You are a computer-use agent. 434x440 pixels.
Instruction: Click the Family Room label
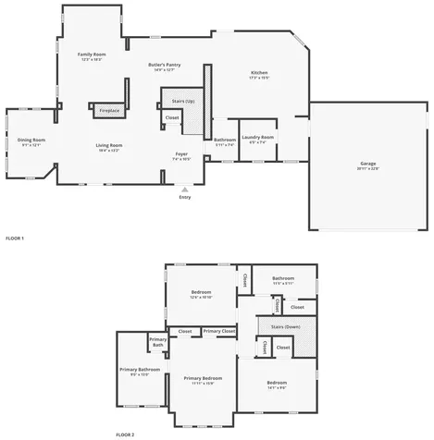pos(92,55)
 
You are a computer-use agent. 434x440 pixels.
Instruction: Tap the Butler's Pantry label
pos(164,65)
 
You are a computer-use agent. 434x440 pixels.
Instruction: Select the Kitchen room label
pos(259,73)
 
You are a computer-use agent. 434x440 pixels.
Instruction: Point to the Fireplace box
pos(109,111)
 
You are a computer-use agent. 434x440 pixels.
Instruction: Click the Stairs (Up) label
pos(183,101)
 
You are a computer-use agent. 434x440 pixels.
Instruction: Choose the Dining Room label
pos(32,140)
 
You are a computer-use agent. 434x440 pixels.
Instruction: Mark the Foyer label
pos(181,153)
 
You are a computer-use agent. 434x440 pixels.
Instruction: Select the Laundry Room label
pos(258,137)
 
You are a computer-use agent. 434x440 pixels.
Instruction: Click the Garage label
pos(368,164)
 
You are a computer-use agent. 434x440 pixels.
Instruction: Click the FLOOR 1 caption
pos(14,238)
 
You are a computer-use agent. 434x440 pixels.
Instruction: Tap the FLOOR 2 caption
pos(125,434)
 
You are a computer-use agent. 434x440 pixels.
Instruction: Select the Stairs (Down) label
pos(284,327)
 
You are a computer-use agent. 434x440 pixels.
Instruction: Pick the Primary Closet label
pos(219,331)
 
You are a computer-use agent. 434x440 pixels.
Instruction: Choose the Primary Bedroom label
pos(203,377)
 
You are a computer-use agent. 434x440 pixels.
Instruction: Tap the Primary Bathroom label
pos(140,369)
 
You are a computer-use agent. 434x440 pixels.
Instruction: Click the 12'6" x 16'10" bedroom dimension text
pos(201,298)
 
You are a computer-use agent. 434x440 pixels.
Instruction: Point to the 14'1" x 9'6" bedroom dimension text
pos(277,387)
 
